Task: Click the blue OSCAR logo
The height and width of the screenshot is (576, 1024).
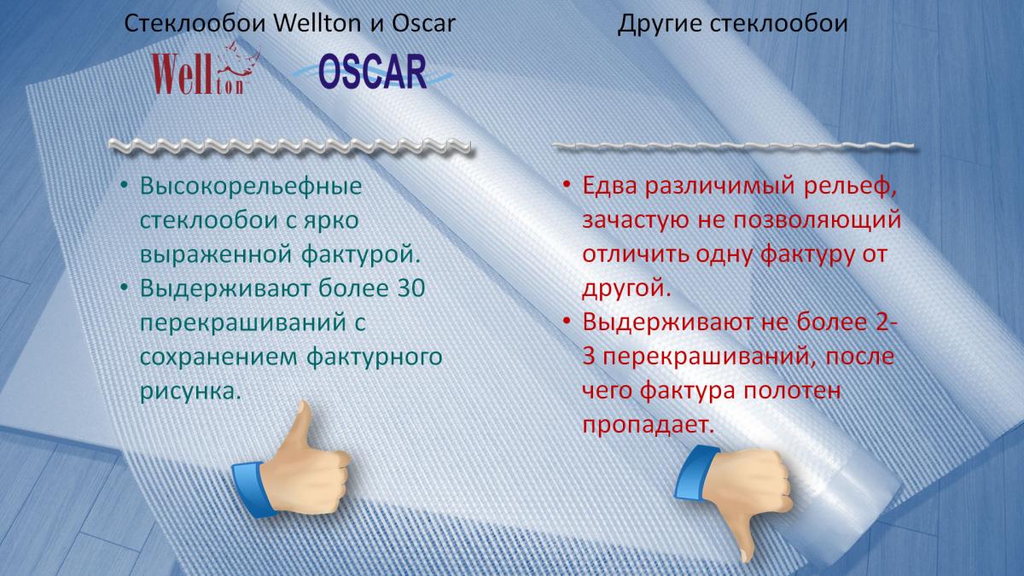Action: click(x=373, y=71)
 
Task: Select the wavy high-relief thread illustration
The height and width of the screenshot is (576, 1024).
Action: click(x=289, y=147)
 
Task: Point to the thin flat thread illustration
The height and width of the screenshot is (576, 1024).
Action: click(x=733, y=146)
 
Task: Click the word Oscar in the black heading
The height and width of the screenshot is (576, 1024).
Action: click(x=424, y=23)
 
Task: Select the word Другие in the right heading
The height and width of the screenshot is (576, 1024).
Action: click(x=660, y=24)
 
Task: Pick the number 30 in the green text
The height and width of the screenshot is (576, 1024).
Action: click(x=411, y=288)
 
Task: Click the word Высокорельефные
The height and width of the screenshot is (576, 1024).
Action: click(x=251, y=186)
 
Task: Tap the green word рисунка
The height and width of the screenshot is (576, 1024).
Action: click(x=190, y=392)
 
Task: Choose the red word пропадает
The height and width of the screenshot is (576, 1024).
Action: click(x=648, y=425)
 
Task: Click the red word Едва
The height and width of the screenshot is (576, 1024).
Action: click(x=610, y=186)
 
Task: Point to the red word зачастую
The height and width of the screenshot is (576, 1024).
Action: click(x=635, y=221)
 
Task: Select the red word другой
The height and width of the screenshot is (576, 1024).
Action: click(x=626, y=288)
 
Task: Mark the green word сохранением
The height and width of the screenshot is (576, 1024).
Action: click(x=218, y=357)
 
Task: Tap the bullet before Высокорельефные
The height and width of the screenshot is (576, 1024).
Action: click(x=124, y=186)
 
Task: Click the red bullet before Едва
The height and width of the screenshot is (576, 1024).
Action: click(x=567, y=185)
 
